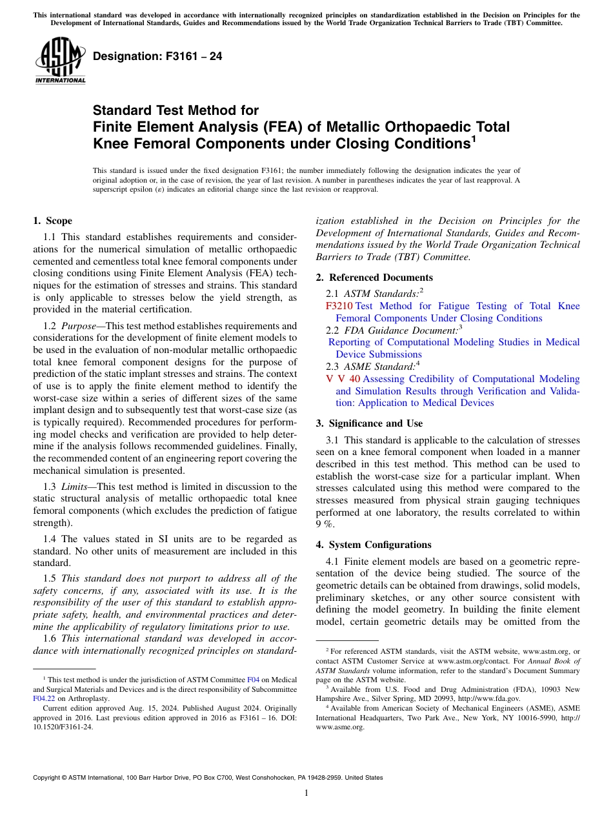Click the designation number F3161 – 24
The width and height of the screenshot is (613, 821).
(x=157, y=56)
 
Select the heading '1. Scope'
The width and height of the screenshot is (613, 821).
(x=52, y=221)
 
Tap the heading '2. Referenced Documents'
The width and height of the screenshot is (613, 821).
(x=374, y=278)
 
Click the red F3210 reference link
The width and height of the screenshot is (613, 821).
(x=339, y=306)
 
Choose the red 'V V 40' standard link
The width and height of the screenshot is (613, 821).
(x=343, y=379)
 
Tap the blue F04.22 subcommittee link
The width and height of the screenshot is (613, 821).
(x=44, y=698)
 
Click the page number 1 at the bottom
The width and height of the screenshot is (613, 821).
(x=306, y=793)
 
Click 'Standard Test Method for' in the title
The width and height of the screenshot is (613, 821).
(x=176, y=110)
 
